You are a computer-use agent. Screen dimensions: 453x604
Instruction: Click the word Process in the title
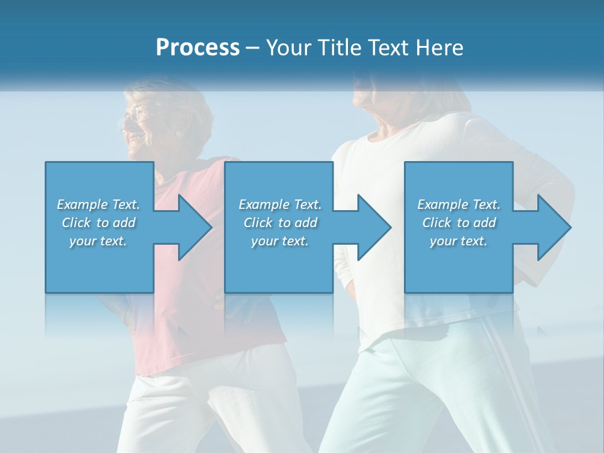[x=198, y=48]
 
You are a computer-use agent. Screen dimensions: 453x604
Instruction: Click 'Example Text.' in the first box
[x=98, y=204]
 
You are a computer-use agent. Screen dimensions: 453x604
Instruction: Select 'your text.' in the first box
[x=98, y=241]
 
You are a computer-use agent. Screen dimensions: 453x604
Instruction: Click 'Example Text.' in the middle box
[x=280, y=204]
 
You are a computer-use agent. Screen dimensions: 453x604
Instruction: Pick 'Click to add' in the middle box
[x=280, y=223]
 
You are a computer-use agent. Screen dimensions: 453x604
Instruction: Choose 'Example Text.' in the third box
[x=459, y=204]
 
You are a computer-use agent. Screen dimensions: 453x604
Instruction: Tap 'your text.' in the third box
[x=459, y=241]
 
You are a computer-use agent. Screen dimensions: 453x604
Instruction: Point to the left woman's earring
[x=179, y=133]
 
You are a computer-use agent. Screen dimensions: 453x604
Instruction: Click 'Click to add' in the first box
[x=98, y=223]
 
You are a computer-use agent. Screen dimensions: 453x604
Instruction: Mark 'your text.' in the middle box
[x=280, y=241]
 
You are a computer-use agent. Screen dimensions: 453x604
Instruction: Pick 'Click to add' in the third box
[x=459, y=223]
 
